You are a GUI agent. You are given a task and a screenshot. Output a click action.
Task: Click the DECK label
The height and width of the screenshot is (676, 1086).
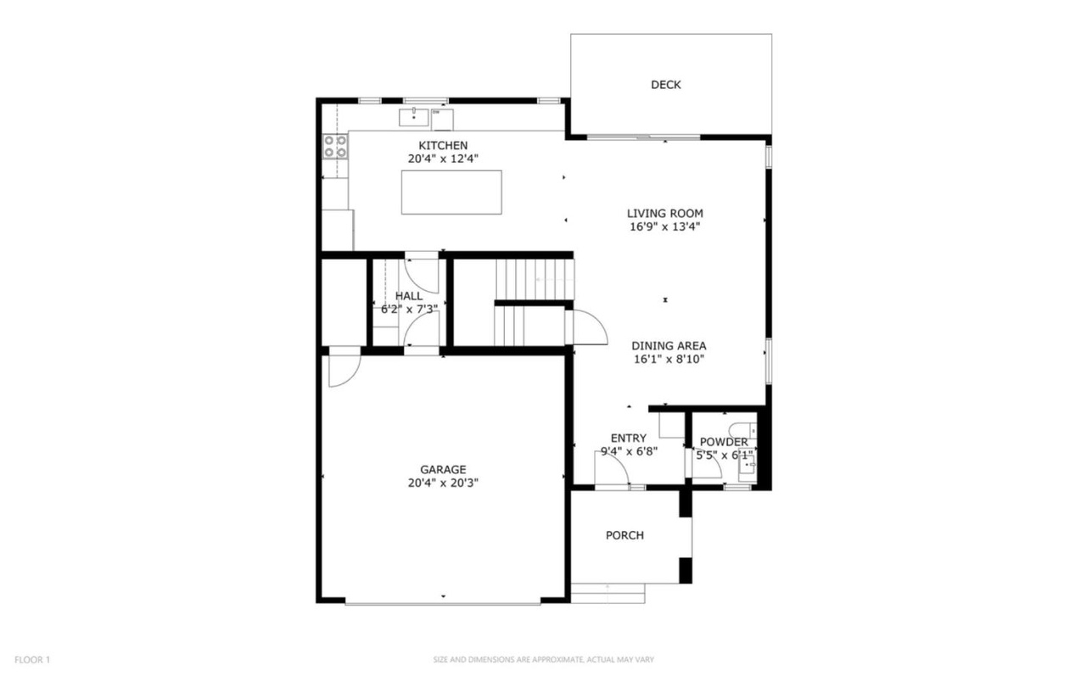point(666,85)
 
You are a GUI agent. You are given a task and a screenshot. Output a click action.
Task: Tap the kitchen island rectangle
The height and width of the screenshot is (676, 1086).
point(451,193)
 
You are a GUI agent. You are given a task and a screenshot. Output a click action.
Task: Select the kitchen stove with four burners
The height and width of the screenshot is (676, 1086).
point(335,147)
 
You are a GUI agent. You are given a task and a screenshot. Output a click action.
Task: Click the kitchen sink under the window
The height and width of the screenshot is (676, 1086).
point(413,117)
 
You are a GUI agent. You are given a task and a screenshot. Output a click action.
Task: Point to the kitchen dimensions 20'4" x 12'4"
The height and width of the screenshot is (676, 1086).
point(443,159)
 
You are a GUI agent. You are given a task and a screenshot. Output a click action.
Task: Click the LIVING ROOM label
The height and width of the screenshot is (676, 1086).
point(665,213)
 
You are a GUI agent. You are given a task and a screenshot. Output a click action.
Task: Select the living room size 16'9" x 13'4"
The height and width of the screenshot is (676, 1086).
point(665,226)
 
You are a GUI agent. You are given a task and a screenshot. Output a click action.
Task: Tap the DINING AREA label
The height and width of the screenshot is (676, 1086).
point(669,346)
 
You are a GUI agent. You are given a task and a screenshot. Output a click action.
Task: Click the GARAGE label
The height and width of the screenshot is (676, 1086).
point(443,470)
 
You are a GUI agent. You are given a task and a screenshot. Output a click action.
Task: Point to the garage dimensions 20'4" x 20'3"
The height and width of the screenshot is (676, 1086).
point(443,483)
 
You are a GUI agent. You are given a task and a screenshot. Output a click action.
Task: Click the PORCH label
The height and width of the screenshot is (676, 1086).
point(625,535)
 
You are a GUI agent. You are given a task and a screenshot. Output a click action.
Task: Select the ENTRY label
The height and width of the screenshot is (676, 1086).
point(629,439)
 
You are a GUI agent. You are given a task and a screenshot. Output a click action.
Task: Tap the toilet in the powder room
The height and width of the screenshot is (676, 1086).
point(742,430)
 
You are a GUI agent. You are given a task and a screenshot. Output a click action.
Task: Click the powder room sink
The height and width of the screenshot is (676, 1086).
point(747,465)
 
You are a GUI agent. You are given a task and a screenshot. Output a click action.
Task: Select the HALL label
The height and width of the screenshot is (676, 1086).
point(409,296)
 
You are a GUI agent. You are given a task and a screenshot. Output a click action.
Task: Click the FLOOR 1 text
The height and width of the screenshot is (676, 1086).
point(32,660)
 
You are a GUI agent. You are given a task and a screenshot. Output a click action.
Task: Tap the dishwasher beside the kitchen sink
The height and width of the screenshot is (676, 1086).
point(442,120)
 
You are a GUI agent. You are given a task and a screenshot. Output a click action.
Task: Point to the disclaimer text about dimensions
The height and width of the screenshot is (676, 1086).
point(544,660)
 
